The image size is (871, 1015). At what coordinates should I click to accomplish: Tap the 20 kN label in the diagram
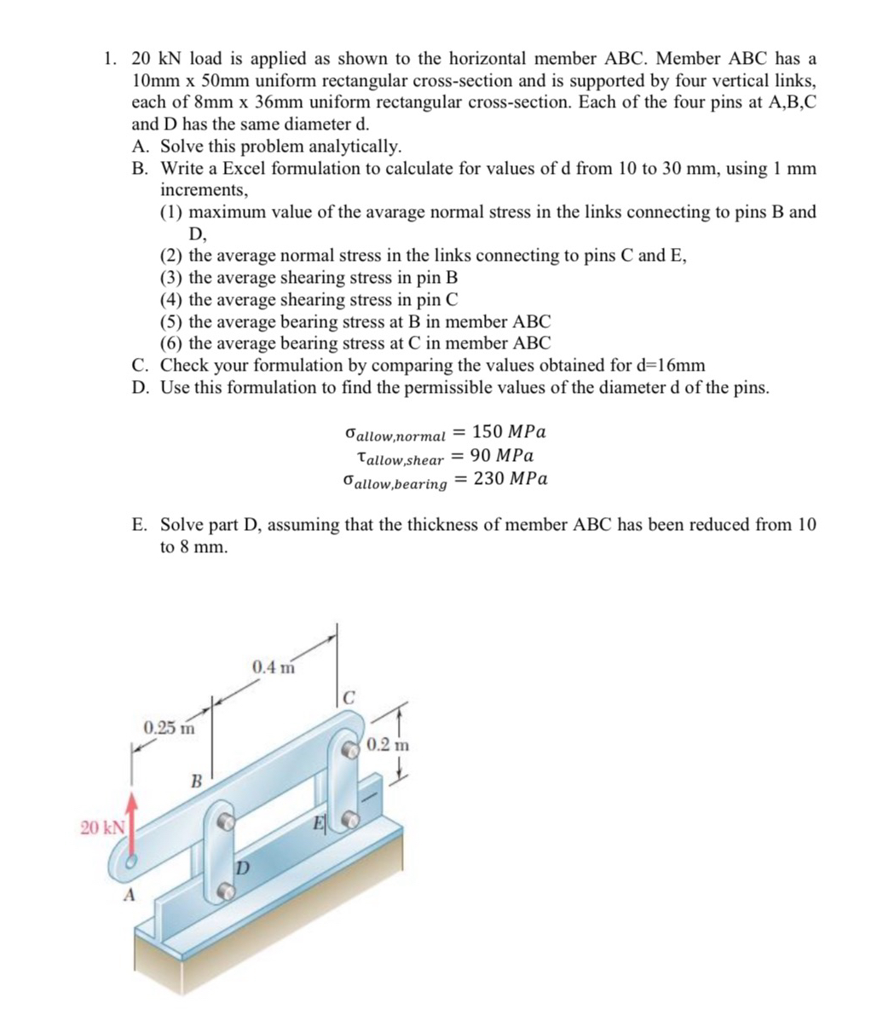pos(101,827)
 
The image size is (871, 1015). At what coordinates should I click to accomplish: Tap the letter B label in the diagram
pos(195,780)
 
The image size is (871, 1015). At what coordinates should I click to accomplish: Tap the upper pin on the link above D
pos(228,823)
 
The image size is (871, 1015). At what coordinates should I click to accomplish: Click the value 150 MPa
pos(509,430)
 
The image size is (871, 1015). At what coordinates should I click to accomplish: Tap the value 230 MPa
pos(510,478)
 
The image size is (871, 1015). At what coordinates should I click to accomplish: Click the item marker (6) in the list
pos(172,343)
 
